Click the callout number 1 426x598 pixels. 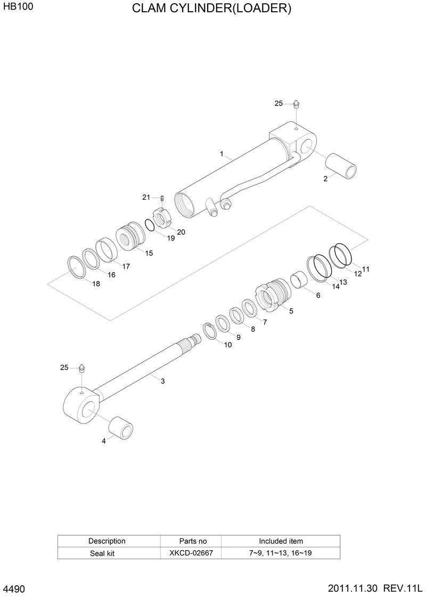click(221, 154)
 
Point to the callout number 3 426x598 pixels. click(162, 381)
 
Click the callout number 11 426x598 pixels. click(365, 269)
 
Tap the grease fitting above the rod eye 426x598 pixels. click(82, 368)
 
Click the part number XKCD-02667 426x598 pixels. click(191, 553)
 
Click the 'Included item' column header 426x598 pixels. click(281, 541)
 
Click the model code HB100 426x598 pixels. click(14, 9)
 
